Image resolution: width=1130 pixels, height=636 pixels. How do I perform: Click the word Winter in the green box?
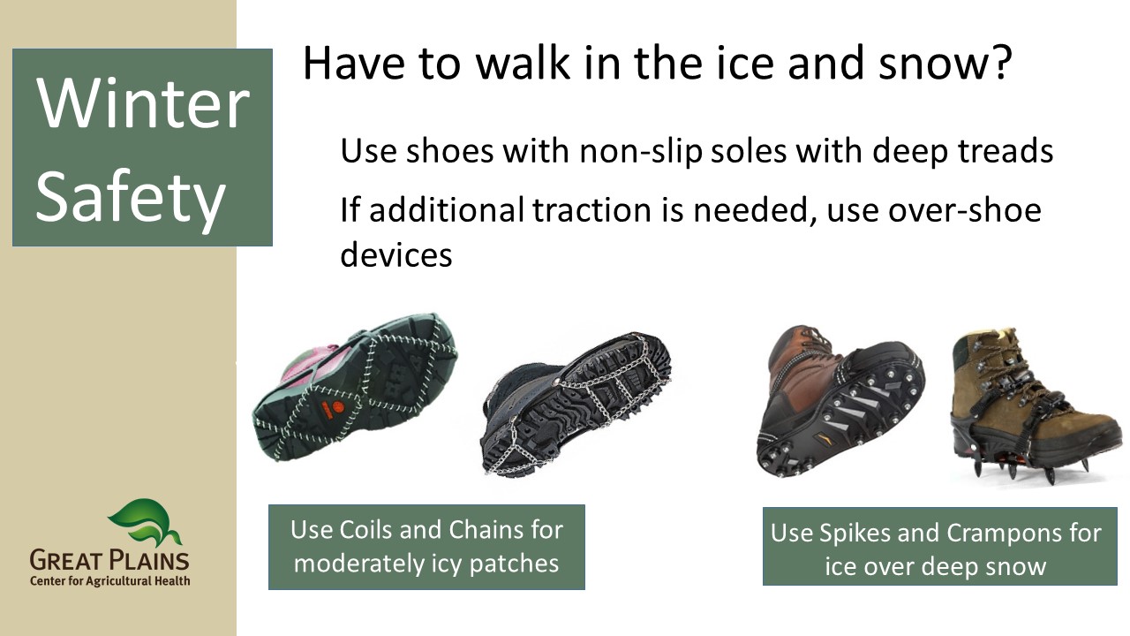[143, 104]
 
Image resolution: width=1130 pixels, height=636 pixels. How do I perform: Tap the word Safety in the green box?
[131, 197]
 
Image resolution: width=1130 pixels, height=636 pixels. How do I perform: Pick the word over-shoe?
[965, 209]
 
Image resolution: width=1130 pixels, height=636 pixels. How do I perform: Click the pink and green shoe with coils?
[355, 387]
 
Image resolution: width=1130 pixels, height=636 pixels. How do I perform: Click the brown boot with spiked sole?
[840, 401]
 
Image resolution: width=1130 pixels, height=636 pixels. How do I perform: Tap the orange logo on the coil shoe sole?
[331, 408]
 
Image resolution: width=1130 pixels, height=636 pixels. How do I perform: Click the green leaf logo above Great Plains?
[145, 522]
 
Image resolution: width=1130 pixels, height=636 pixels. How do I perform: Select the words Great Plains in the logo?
[109, 560]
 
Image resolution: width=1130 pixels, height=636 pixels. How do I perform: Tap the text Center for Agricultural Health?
[110, 581]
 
